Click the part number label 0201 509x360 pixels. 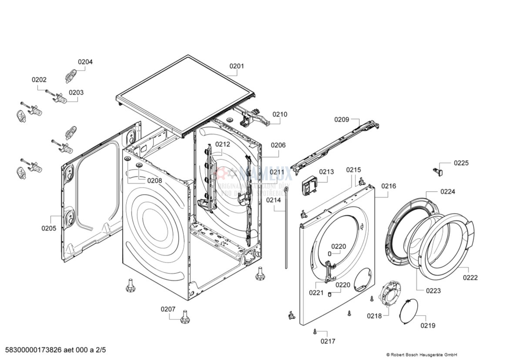pos(237,66)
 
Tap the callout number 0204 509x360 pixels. pos(85,62)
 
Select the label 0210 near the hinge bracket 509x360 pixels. pos(280,114)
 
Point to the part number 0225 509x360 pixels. pos(461,163)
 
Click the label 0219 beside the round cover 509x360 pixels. pos(428,325)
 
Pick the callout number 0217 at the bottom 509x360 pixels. pos(328,341)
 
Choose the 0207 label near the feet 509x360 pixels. pos(168,309)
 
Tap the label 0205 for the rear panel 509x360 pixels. pos(49,228)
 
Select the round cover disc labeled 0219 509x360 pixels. pos(409,312)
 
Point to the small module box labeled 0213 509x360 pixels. pos(309,187)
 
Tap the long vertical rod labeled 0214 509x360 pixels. pos(286,226)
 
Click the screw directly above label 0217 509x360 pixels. pos(314,332)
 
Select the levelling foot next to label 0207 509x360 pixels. pos(184,316)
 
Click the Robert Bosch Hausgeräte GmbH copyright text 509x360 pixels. pos(421,355)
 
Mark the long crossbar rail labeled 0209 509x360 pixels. pos(335,146)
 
